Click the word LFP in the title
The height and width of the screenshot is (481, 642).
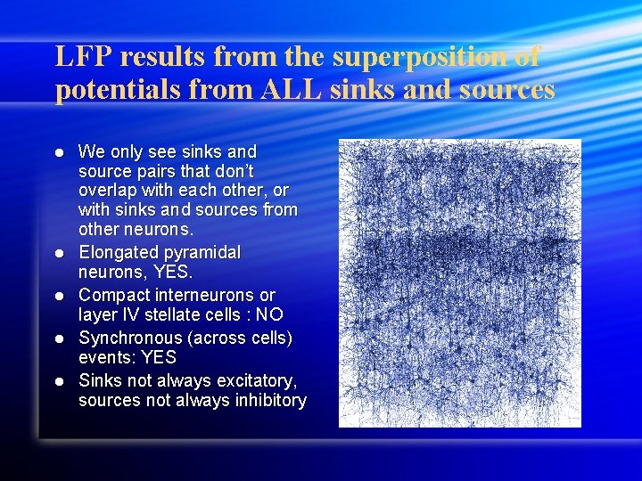tap(83, 57)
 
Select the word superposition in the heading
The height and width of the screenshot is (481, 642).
tap(419, 57)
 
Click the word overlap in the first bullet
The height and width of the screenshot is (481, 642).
tap(110, 191)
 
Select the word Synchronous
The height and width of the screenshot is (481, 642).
tap(129, 338)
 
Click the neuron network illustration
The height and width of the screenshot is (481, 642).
tap(459, 283)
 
